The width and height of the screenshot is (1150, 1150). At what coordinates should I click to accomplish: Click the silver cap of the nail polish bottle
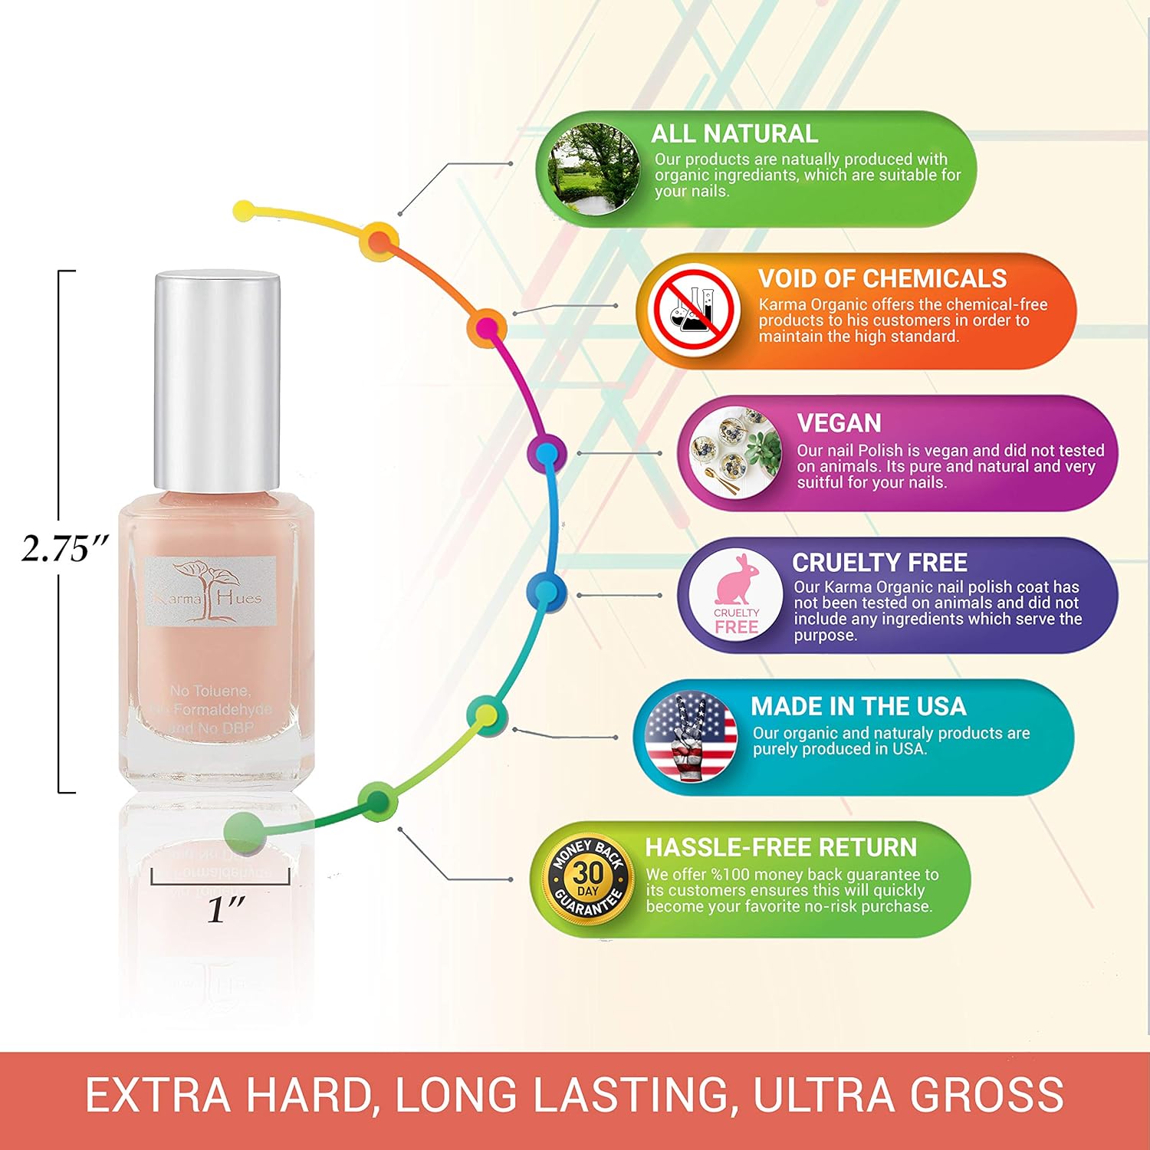click(217, 380)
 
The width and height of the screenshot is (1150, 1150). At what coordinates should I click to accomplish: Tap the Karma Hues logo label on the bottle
click(210, 591)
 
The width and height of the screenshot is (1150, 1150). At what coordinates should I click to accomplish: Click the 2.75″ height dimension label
click(65, 548)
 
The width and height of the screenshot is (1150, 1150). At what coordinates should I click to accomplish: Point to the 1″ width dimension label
click(225, 909)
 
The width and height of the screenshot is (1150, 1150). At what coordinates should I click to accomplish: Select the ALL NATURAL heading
click(734, 134)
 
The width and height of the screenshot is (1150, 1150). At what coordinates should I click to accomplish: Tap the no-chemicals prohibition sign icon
click(693, 310)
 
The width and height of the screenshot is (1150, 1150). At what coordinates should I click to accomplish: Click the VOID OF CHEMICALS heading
click(882, 278)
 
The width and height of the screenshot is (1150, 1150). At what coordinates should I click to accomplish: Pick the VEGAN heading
click(839, 423)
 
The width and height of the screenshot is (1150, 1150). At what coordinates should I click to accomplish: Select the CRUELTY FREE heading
click(879, 563)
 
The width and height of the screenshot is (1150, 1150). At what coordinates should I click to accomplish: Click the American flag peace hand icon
click(691, 737)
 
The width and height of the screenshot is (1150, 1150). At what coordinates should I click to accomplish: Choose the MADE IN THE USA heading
click(858, 706)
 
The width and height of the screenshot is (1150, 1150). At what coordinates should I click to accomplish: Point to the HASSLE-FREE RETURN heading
click(780, 847)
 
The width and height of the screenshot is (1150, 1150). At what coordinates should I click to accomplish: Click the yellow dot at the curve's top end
click(244, 210)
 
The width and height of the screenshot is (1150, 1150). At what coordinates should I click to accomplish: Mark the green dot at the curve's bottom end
click(245, 830)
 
